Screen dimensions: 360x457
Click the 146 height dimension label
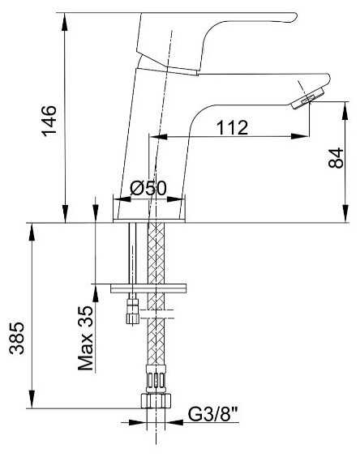click(49, 121)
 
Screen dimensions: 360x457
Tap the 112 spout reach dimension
click(232, 127)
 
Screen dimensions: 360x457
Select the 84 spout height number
click(336, 158)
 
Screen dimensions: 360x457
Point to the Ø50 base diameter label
click(148, 188)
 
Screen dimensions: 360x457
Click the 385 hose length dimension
click(17, 338)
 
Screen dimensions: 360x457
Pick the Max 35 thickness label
click(86, 338)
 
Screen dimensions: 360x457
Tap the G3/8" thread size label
click(213, 414)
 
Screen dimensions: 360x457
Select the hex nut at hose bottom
click(156, 401)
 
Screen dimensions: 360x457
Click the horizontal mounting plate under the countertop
click(148, 288)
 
